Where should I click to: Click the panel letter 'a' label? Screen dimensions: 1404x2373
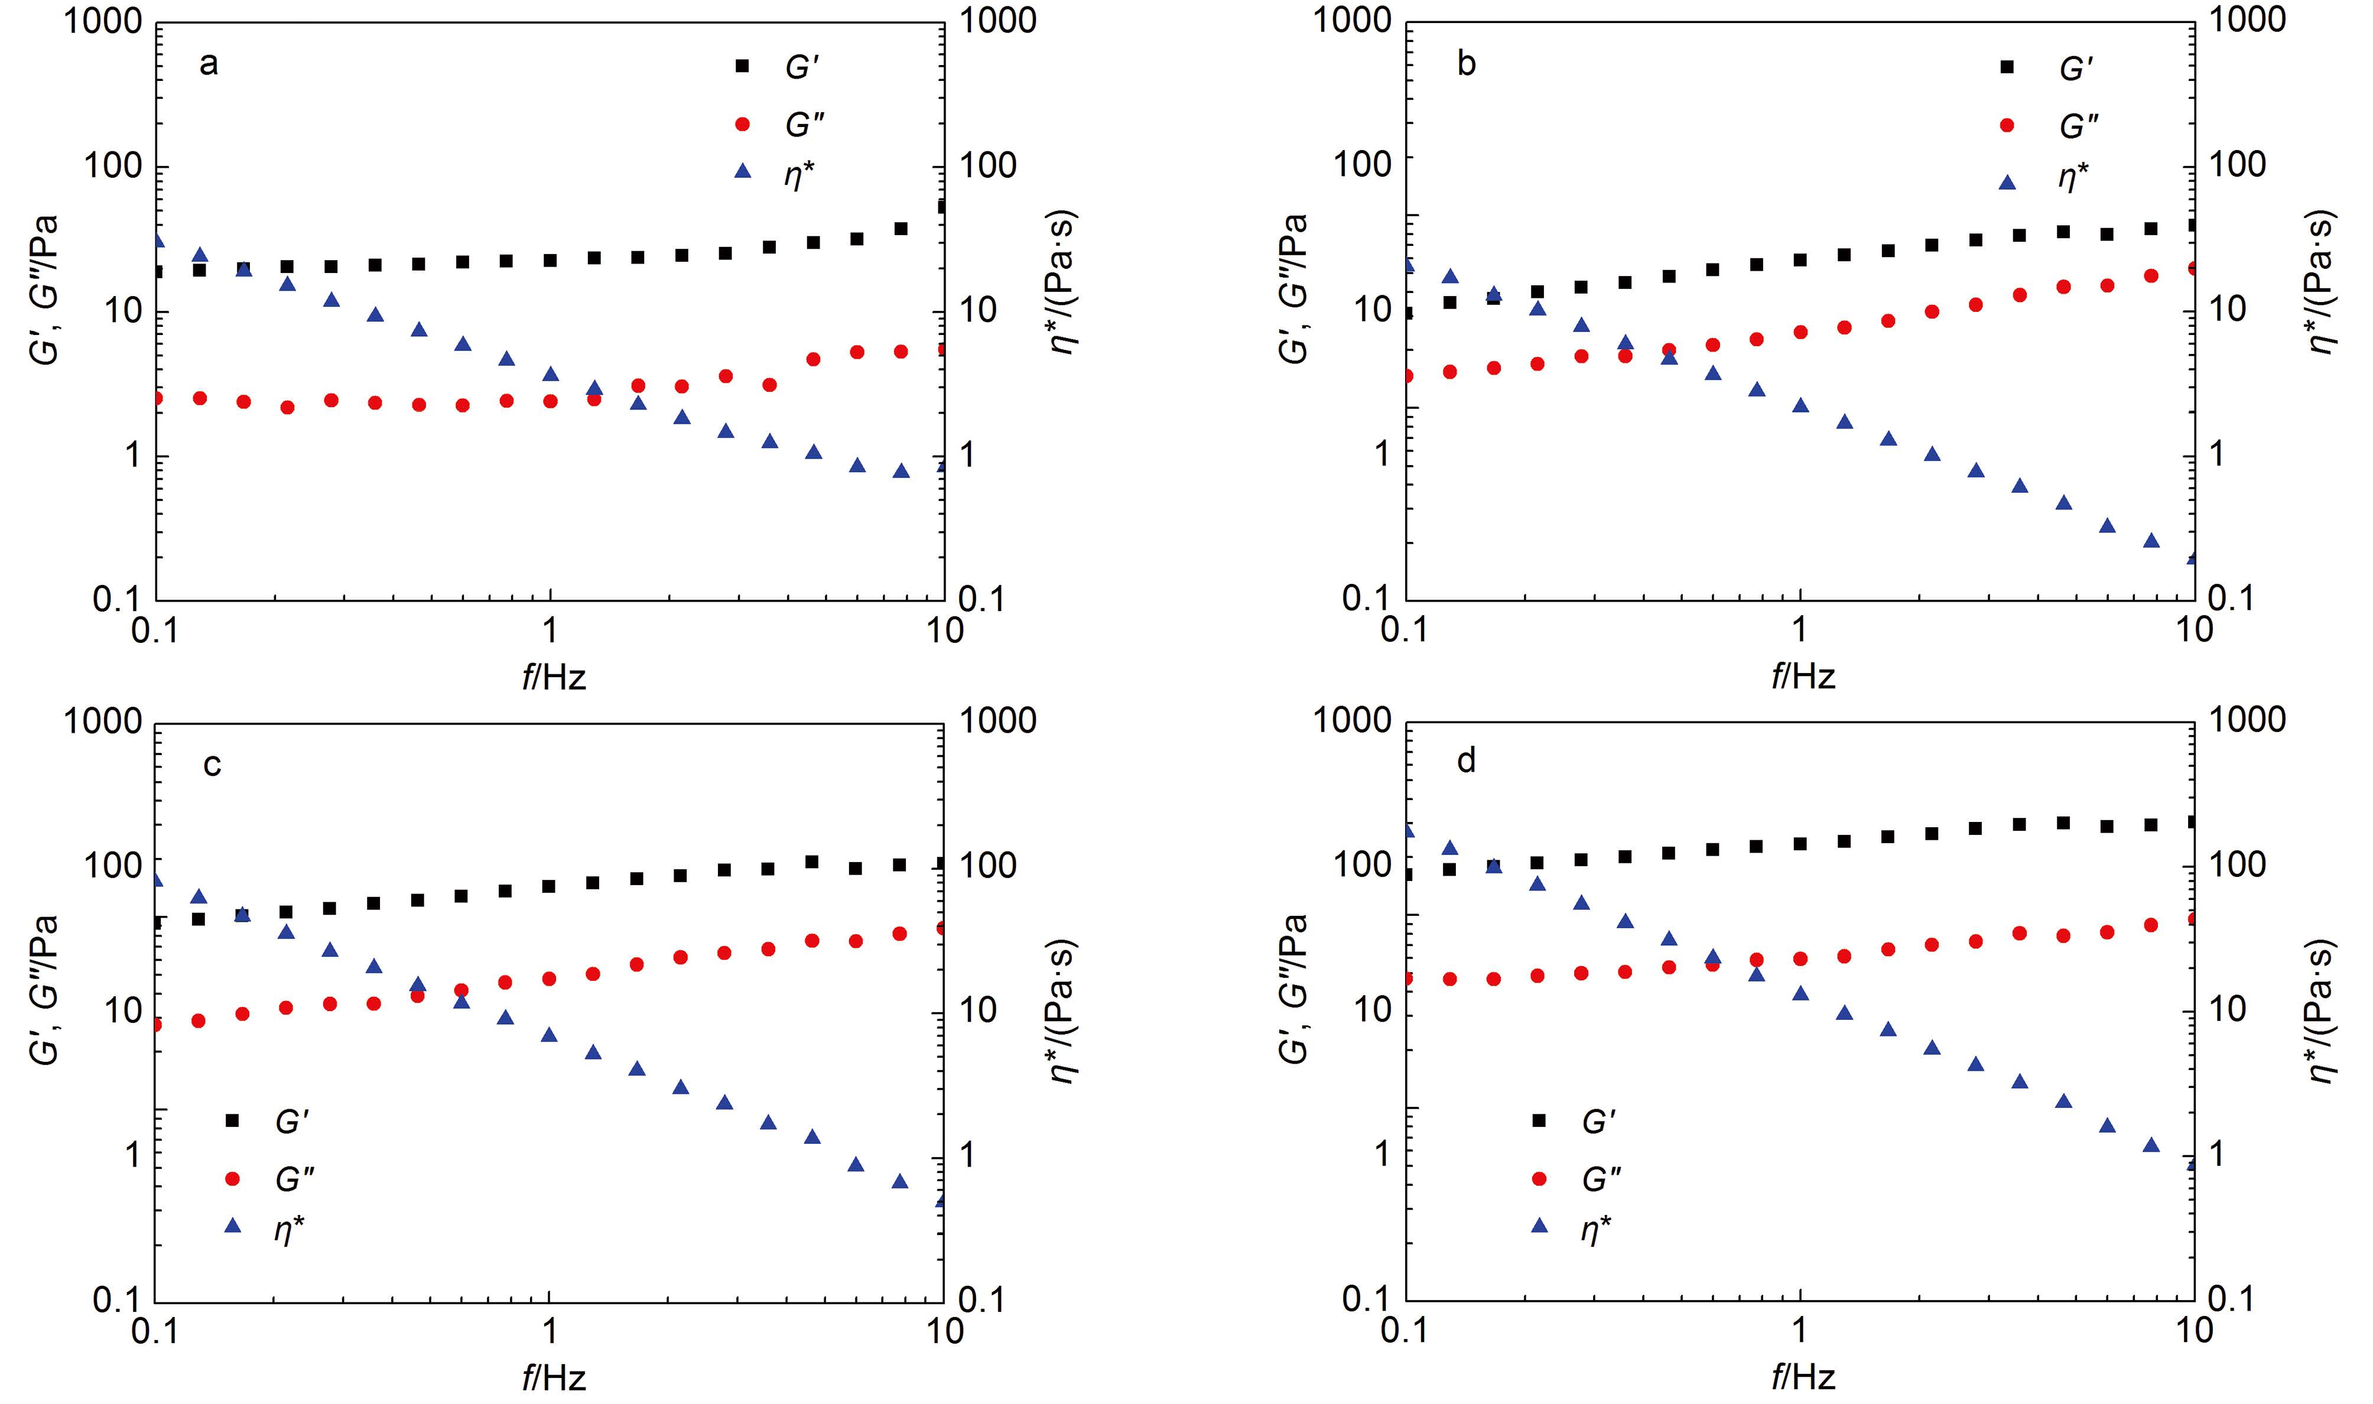click(x=209, y=64)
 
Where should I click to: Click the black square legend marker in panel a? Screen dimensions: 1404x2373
click(x=743, y=66)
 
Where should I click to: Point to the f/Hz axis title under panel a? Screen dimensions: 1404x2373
click(x=553, y=677)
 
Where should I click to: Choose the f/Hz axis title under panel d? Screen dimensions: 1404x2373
click(x=1803, y=1377)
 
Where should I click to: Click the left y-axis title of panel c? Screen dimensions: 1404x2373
click(x=44, y=989)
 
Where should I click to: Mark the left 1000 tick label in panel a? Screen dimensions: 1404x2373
click(x=102, y=21)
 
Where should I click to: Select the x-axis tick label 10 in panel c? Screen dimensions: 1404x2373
click(x=943, y=1330)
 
